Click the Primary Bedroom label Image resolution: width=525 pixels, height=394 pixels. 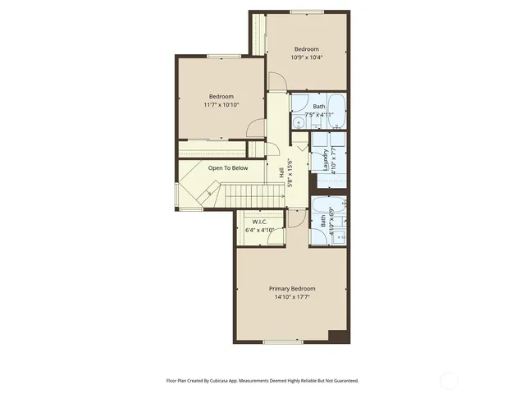(x=292, y=289)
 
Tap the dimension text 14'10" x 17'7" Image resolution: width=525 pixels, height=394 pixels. (x=292, y=298)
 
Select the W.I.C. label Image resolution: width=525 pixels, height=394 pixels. (x=259, y=222)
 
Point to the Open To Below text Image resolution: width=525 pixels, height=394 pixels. (x=227, y=167)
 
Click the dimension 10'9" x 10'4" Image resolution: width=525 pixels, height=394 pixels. (x=307, y=57)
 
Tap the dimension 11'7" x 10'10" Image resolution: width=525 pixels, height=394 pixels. (x=221, y=105)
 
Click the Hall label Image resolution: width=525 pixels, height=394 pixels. (x=282, y=174)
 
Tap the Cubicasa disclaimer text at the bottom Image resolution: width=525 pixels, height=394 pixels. (x=262, y=381)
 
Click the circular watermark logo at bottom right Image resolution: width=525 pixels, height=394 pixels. (x=449, y=379)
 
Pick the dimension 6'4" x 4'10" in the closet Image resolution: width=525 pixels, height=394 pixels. (x=259, y=230)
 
